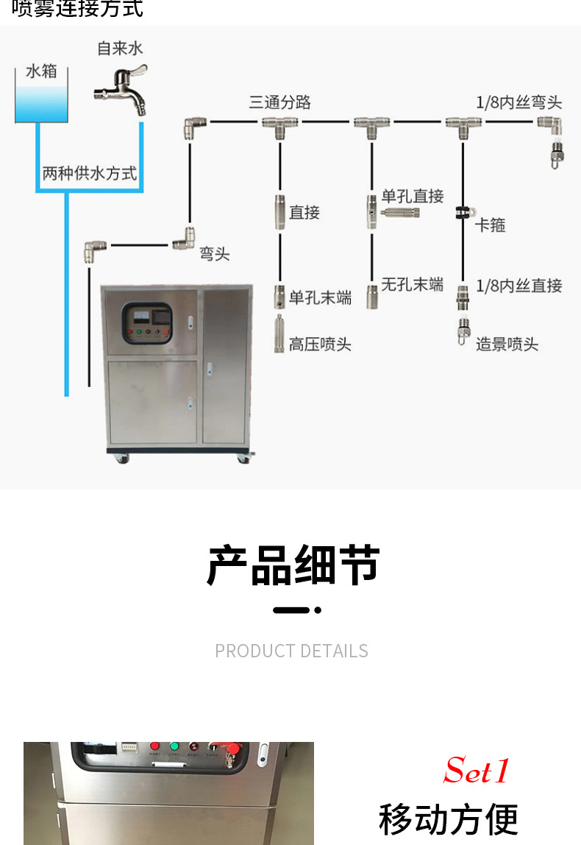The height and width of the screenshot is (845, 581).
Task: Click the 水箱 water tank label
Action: click(x=41, y=71)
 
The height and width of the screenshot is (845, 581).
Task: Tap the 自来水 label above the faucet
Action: click(x=120, y=49)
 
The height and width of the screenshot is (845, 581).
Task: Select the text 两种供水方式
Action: click(x=89, y=174)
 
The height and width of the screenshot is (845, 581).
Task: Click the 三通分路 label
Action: click(x=279, y=102)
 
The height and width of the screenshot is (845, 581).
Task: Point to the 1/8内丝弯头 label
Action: click(x=518, y=102)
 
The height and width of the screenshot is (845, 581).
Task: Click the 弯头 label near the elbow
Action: click(x=215, y=254)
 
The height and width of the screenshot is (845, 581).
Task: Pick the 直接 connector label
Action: click(x=304, y=213)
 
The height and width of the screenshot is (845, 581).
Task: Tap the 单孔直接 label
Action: click(x=413, y=197)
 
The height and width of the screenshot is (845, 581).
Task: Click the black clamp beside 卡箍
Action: click(x=463, y=213)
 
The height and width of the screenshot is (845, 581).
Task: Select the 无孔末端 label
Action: click(x=412, y=284)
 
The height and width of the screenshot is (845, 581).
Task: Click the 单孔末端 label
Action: click(x=320, y=297)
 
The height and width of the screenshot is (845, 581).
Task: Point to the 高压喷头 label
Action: click(x=320, y=344)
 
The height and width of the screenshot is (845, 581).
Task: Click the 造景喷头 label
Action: click(x=507, y=344)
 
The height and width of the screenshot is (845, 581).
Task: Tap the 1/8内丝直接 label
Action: click(x=518, y=286)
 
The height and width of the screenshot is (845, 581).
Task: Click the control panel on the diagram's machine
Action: click(x=147, y=323)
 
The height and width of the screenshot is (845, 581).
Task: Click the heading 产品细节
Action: click(x=293, y=565)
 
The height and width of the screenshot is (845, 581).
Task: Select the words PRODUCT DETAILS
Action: click(x=291, y=651)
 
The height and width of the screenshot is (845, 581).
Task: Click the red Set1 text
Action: click(x=477, y=771)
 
